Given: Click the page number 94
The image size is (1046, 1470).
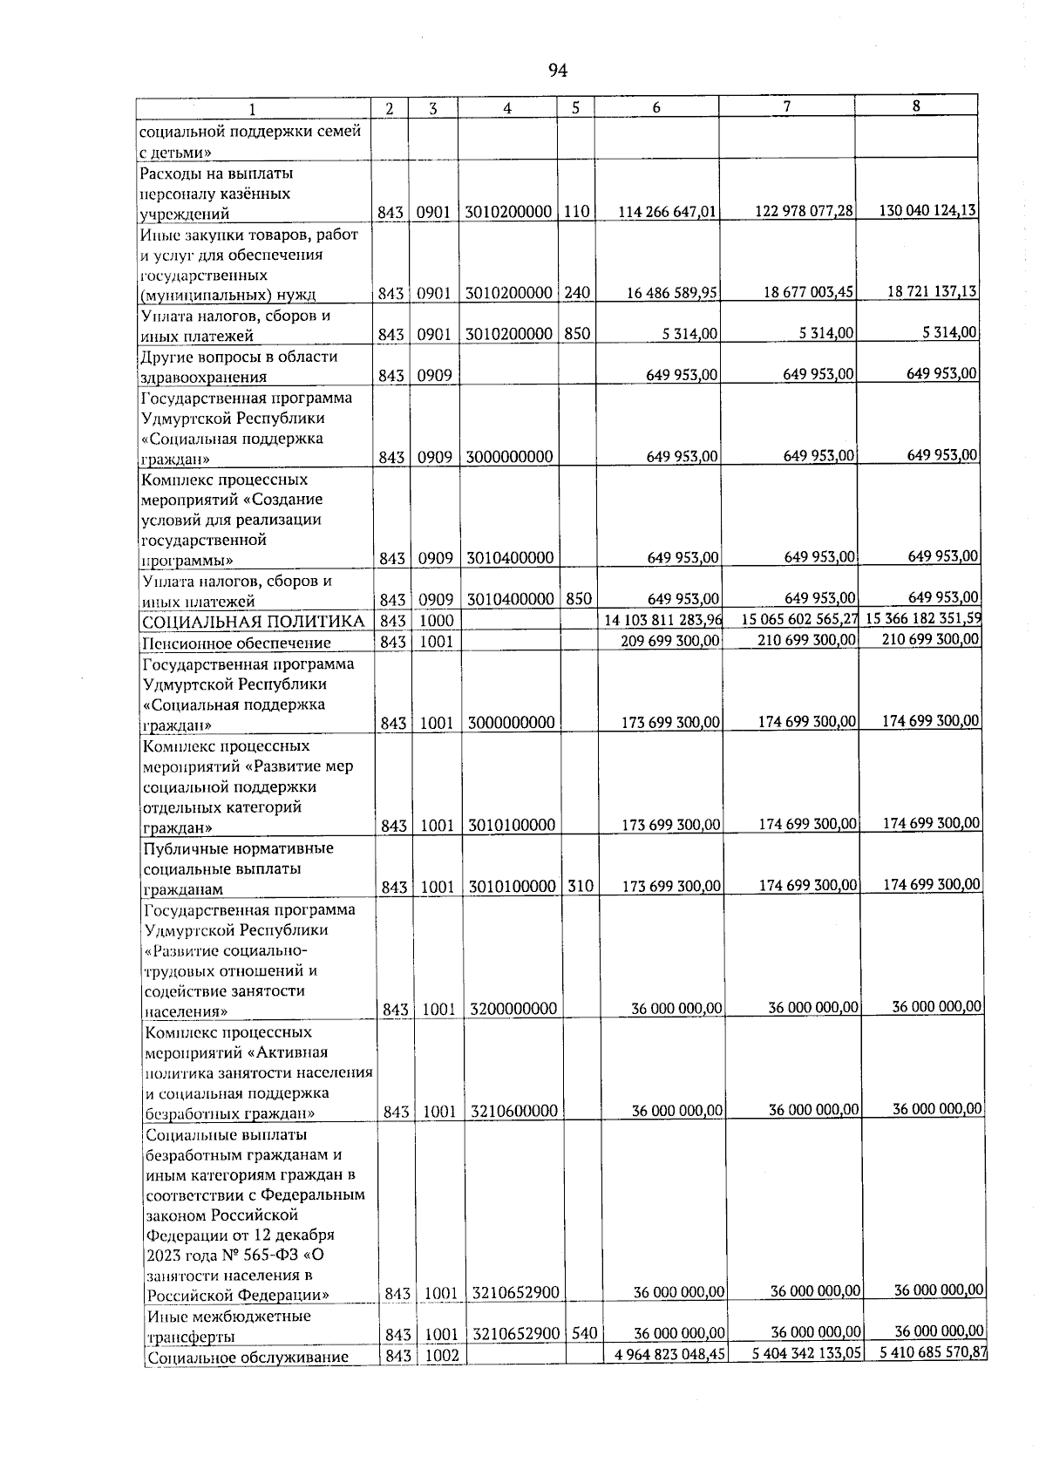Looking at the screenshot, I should [x=559, y=70].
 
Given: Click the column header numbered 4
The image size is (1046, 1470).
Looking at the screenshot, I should [x=506, y=108].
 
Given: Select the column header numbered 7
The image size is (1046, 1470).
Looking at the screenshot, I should [x=786, y=106].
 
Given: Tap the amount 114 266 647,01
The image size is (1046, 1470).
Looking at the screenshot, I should [x=668, y=213].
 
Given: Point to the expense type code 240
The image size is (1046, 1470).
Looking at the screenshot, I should [x=576, y=294].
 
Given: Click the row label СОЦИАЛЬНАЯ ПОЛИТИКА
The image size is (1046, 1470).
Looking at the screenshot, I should [x=254, y=622].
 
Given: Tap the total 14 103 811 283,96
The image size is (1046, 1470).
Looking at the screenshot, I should [x=663, y=621].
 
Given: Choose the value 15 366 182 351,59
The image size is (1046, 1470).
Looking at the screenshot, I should [x=924, y=618].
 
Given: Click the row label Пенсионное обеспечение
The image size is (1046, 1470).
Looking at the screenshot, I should [x=237, y=643].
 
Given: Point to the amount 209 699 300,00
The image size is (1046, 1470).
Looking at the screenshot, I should [x=669, y=642].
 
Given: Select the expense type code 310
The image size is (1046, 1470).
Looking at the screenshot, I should [x=580, y=887].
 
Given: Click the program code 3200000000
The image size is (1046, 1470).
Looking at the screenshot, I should [x=513, y=1010].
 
